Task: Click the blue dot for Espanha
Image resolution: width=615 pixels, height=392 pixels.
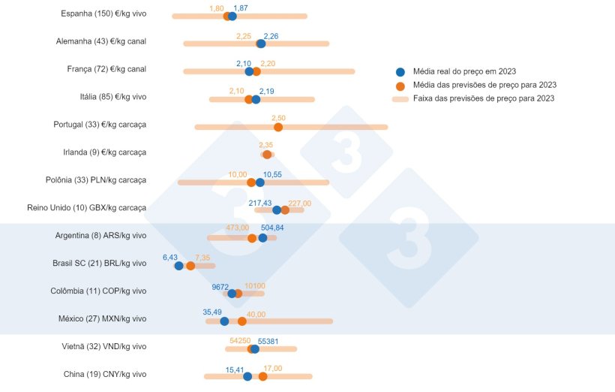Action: (x=232, y=16)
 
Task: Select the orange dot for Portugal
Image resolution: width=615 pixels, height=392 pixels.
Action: (x=278, y=127)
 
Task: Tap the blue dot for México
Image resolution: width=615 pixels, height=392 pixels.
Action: (x=224, y=321)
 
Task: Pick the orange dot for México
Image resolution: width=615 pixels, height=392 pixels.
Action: (x=241, y=321)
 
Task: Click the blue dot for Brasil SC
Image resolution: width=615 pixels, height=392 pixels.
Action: (x=178, y=266)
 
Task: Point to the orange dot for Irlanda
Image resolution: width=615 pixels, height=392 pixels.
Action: (x=267, y=155)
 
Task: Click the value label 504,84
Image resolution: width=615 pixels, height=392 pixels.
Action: (x=272, y=228)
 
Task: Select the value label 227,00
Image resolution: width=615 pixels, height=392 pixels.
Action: (x=299, y=203)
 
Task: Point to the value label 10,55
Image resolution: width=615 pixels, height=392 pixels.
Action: (x=272, y=174)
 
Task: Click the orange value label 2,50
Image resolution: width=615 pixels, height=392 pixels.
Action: (x=278, y=118)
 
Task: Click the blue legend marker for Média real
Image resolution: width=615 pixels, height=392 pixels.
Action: (x=400, y=71)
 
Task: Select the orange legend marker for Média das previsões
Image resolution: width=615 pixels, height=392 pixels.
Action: (x=400, y=85)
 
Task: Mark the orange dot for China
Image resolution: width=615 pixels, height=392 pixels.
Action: (x=262, y=376)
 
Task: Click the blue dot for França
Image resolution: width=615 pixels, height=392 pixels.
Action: (x=249, y=71)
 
